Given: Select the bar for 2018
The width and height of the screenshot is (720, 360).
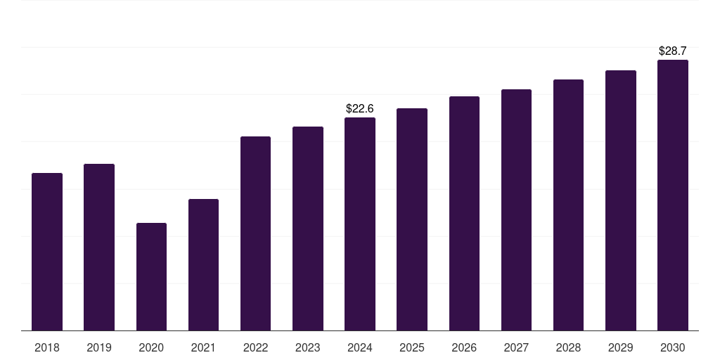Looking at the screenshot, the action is pos(47,252).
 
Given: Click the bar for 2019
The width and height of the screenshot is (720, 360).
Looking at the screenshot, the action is pos(99,247).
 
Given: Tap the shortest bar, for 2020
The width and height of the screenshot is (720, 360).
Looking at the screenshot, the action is pos(152,277).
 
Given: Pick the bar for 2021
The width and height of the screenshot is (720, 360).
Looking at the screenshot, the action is pos(203,265).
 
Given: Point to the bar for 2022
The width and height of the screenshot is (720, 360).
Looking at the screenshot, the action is pos(255,233).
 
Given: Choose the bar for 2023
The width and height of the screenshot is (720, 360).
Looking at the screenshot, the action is pos(308,229).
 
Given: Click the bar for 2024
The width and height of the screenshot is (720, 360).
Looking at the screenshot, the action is pos(360,224).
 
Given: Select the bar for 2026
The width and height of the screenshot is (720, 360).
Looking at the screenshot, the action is pos(464,214).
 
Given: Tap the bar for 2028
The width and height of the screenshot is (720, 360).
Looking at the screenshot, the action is pos(568,205).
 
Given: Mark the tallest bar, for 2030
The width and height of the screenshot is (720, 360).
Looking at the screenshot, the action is pos(673,195).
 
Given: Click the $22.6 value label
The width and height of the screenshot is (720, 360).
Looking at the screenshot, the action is pos(360,109).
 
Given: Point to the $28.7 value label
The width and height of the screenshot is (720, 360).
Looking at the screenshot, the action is pos(673,51).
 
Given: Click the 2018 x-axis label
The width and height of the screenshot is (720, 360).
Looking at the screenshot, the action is pos(47,348).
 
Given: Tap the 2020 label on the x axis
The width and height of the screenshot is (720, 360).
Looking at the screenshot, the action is pos(152,348).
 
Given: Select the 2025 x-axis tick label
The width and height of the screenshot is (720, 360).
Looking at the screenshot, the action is pos(412,348).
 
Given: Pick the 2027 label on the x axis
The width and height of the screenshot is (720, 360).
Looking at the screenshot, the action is pos(516,348).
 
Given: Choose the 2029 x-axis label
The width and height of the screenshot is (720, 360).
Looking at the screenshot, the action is pos(620,348).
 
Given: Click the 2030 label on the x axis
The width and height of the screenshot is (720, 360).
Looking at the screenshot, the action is pos(673,348).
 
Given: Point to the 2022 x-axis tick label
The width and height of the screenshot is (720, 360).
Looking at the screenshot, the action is pos(255,348).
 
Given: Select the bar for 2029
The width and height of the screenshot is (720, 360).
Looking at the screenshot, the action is pos(621,200).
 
